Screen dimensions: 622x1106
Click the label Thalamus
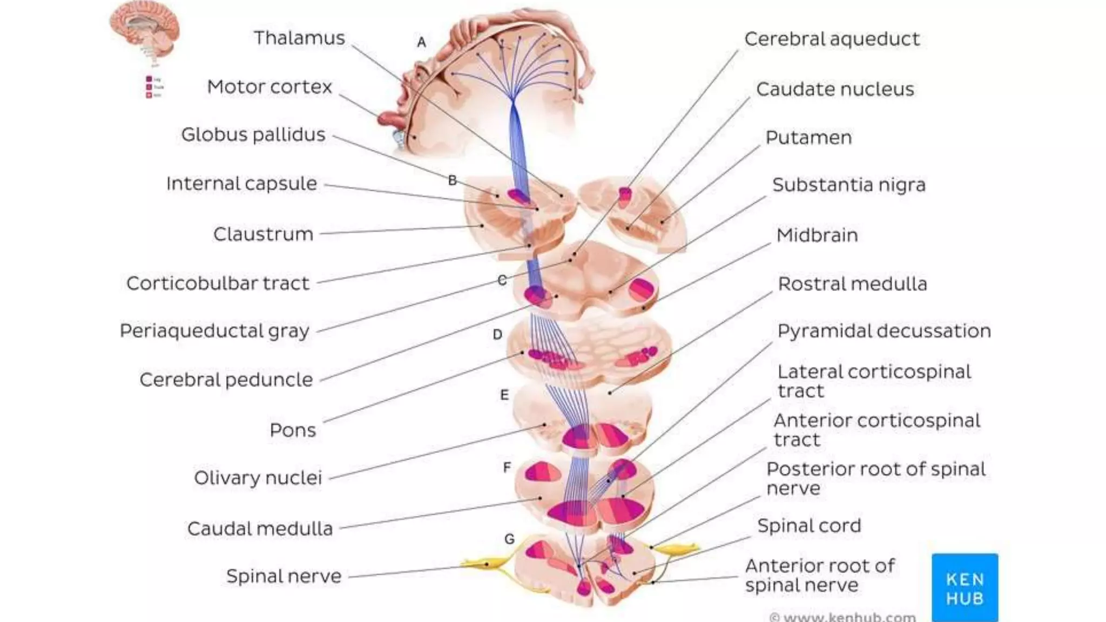click(x=299, y=38)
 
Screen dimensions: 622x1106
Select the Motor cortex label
click(x=269, y=87)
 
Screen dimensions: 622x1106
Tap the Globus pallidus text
click(x=253, y=134)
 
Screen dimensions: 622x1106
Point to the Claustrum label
click(x=263, y=234)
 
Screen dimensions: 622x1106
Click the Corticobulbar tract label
click(x=218, y=283)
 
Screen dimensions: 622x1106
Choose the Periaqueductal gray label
click(x=214, y=331)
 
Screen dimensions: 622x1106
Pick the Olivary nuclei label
click(x=258, y=478)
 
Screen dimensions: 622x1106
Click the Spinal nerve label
click(x=284, y=576)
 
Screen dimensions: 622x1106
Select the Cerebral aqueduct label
click(x=832, y=39)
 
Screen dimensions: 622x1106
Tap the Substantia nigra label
click(x=848, y=185)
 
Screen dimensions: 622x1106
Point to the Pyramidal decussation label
click(x=884, y=331)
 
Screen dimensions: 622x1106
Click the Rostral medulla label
click(x=852, y=284)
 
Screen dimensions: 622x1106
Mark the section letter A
click(x=422, y=42)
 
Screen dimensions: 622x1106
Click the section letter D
click(x=497, y=335)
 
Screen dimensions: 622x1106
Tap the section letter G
click(x=509, y=539)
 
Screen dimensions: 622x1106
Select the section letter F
click(x=507, y=467)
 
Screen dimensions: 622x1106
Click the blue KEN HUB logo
click(x=965, y=587)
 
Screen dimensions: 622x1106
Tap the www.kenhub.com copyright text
click(x=842, y=617)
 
